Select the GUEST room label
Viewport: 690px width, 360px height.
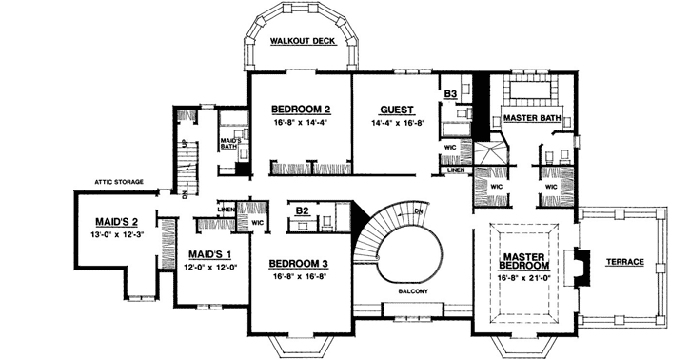[x=394, y=109]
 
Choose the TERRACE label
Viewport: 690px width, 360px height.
[x=624, y=261]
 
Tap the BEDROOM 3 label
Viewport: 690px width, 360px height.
[x=298, y=263]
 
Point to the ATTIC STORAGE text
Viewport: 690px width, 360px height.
[x=119, y=180]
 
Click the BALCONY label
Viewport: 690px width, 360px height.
[x=413, y=290]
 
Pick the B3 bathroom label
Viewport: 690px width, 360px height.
[x=451, y=94]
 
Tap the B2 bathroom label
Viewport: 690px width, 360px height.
[x=302, y=210]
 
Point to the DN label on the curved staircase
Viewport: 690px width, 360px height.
[x=418, y=210]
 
